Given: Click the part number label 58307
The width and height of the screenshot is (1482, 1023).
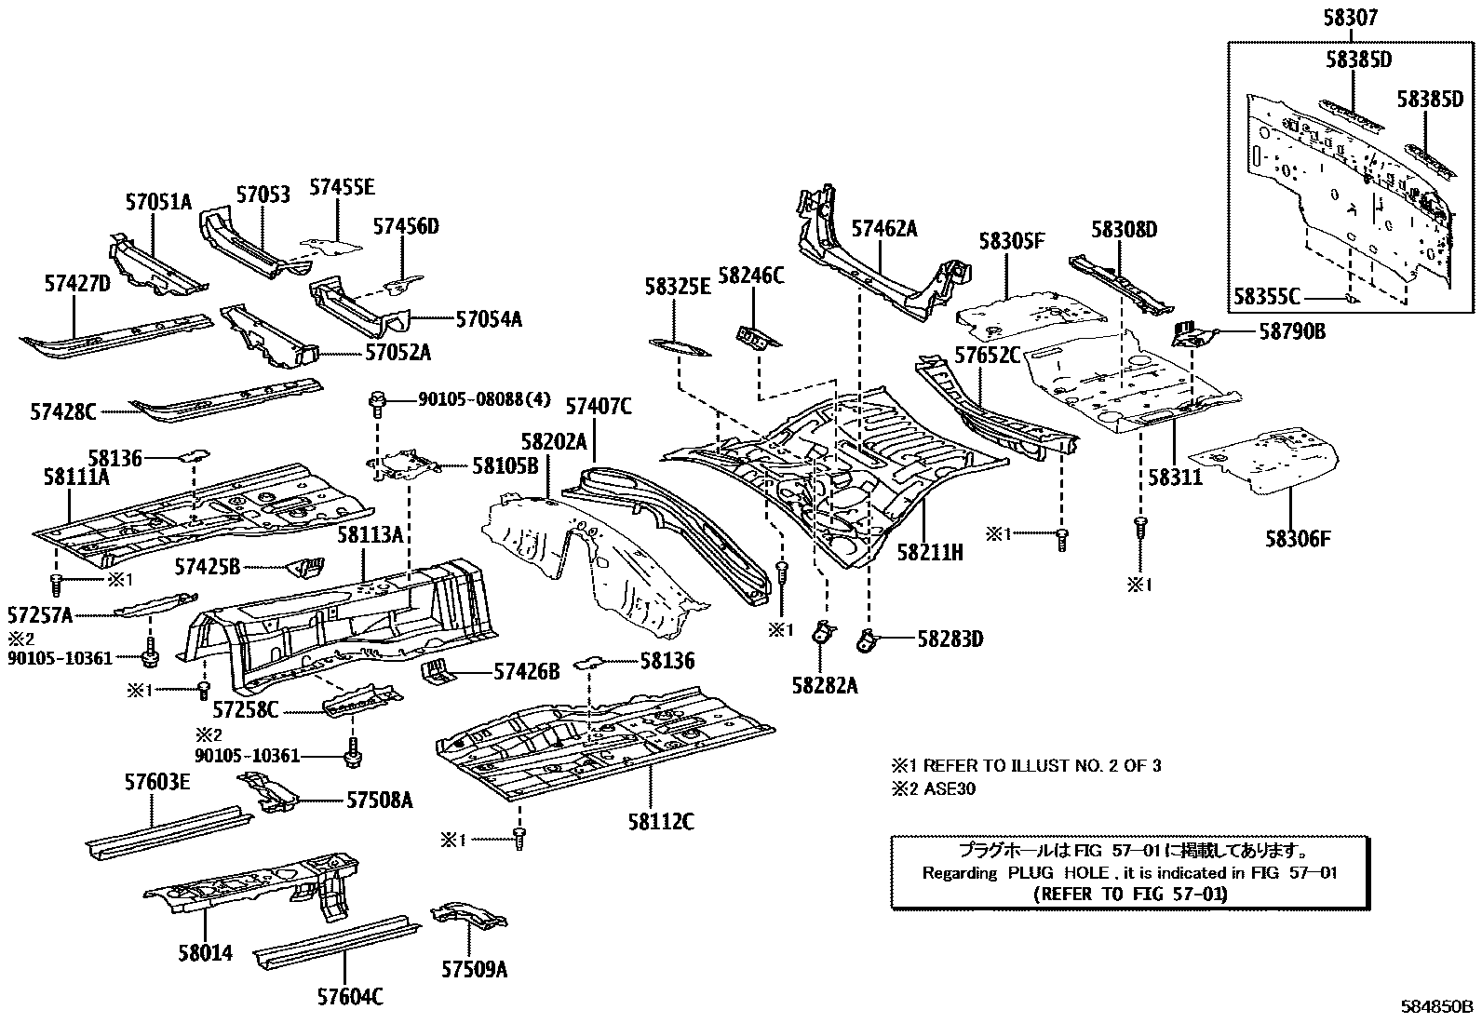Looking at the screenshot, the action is [1351, 18].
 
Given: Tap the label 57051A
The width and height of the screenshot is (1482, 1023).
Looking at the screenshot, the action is [158, 202].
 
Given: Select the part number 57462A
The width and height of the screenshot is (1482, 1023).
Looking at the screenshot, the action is [884, 229].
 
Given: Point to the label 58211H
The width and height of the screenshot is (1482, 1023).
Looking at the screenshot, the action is [930, 552].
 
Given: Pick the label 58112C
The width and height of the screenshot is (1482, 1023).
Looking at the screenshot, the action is [661, 822].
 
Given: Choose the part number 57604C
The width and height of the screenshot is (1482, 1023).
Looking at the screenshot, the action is [350, 997].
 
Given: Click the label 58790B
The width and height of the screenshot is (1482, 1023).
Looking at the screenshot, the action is [1292, 331].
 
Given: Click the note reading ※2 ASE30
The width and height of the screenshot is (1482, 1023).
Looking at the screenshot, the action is [934, 788].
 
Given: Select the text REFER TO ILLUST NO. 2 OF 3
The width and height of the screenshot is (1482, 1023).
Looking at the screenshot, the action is [1042, 765].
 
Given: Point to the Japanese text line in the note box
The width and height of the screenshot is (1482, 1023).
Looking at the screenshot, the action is [1129, 851].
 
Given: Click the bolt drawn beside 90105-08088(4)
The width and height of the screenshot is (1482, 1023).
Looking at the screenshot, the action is [377, 404].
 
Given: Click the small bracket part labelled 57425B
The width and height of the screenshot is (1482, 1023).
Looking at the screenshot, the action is [305, 567].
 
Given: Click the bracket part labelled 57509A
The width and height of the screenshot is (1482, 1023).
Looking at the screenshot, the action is [468, 914].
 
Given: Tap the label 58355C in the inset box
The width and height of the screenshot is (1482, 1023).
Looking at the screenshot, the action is [1267, 297].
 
